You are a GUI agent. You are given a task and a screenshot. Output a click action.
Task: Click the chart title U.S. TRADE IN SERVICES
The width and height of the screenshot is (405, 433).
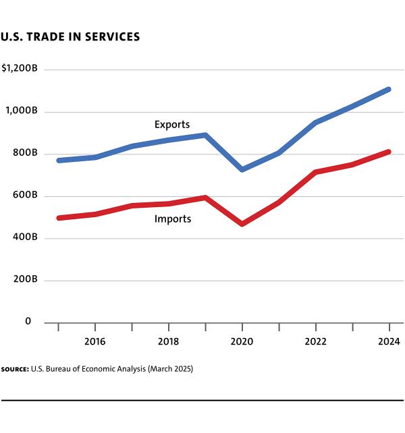70,37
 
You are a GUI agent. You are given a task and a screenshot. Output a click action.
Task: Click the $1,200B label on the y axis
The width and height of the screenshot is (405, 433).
20,69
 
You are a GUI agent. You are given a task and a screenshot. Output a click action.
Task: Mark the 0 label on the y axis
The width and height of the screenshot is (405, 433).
28,322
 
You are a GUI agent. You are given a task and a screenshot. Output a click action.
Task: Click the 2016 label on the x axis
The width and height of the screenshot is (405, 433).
95,342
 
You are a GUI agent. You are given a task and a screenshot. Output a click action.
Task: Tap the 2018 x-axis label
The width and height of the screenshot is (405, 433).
169,342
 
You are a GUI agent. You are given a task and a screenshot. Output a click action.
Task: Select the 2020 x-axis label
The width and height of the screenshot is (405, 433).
242,342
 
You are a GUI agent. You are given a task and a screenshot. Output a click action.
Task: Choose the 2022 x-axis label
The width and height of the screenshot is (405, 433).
316,342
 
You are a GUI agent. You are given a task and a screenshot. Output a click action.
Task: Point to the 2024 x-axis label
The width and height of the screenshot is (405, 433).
389,342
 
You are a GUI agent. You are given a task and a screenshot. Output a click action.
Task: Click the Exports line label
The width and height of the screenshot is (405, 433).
172,124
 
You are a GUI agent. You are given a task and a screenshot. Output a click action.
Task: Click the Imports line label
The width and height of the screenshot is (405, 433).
173,219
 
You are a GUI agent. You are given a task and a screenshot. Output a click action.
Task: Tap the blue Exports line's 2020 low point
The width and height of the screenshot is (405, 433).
242,169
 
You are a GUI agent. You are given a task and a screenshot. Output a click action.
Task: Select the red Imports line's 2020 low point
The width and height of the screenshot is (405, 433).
242,223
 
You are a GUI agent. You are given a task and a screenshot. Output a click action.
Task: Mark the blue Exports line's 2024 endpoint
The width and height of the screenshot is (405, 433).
389,89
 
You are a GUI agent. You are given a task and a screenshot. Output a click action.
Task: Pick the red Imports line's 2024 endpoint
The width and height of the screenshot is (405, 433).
389,152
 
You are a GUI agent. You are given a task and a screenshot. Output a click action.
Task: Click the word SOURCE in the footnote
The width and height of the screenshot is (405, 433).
14,370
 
